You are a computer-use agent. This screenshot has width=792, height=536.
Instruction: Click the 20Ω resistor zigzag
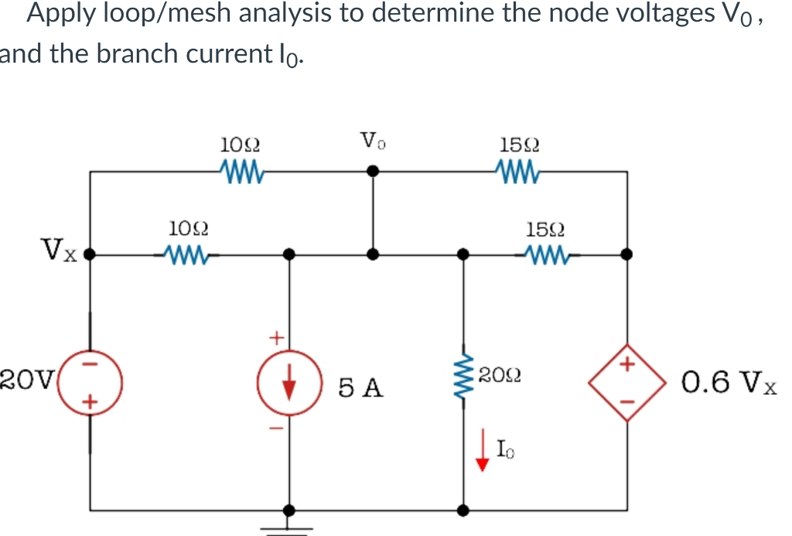464,379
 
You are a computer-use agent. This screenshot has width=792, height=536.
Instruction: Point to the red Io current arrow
483,453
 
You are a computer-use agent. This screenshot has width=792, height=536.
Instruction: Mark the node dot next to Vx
90,253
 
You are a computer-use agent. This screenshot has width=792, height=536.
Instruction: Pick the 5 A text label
360,387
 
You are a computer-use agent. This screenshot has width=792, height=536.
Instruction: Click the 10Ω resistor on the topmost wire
243,169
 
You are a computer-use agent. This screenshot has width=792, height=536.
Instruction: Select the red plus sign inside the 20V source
90,401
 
